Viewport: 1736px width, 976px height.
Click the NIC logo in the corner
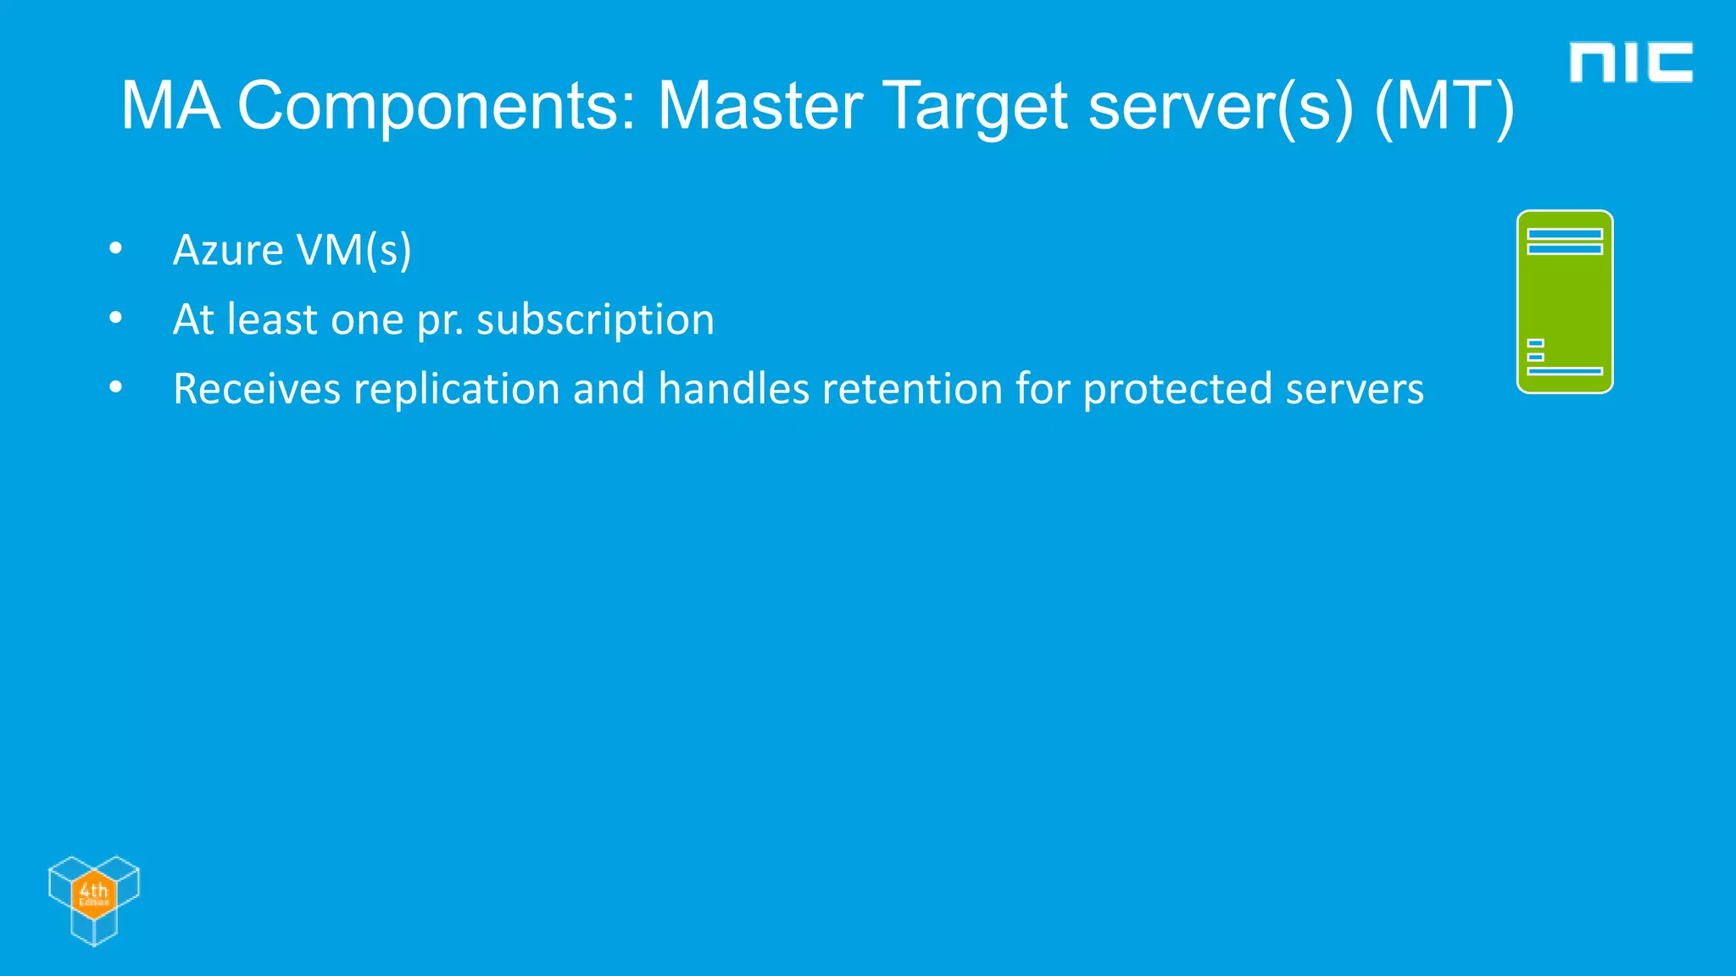[x=1630, y=63]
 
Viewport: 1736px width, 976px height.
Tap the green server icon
[x=1565, y=302]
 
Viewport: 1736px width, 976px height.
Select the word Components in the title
[x=436, y=107]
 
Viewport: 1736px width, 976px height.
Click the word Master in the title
[x=759, y=107]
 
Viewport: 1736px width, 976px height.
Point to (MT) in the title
[x=1444, y=107]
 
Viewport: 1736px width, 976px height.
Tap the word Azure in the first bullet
[x=227, y=251]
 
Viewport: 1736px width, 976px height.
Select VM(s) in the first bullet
[x=353, y=251]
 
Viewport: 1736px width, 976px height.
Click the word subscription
[x=595, y=320]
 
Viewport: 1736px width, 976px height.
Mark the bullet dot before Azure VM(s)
[x=116, y=249]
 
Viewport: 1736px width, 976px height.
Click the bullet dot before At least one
[x=116, y=319]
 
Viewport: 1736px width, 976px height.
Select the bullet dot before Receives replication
[x=116, y=388]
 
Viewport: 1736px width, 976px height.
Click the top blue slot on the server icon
[x=1565, y=234]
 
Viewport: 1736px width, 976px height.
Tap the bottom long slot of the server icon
[x=1565, y=371]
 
